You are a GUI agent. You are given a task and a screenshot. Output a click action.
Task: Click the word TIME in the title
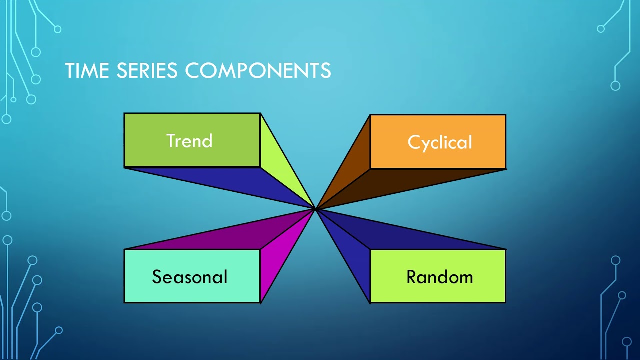coord(87,70)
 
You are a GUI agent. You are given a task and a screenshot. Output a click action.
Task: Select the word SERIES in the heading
coord(147,70)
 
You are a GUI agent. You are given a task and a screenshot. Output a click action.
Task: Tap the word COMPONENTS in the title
coord(258,70)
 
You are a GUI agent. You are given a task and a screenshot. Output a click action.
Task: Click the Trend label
coord(189,141)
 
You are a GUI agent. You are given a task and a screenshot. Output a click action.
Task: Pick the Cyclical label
coord(440,142)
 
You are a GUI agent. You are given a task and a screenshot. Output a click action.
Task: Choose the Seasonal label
coord(189,277)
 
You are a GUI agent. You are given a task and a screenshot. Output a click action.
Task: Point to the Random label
coord(439,277)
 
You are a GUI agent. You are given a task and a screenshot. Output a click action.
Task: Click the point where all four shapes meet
coord(315,209)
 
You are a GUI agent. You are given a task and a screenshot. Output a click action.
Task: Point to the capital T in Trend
coord(171,141)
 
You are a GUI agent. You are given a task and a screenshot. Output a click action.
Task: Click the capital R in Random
coord(411,277)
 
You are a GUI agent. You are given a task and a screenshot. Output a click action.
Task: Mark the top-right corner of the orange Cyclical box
coord(506,115)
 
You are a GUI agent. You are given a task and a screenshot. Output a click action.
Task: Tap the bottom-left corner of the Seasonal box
coord(124,302)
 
